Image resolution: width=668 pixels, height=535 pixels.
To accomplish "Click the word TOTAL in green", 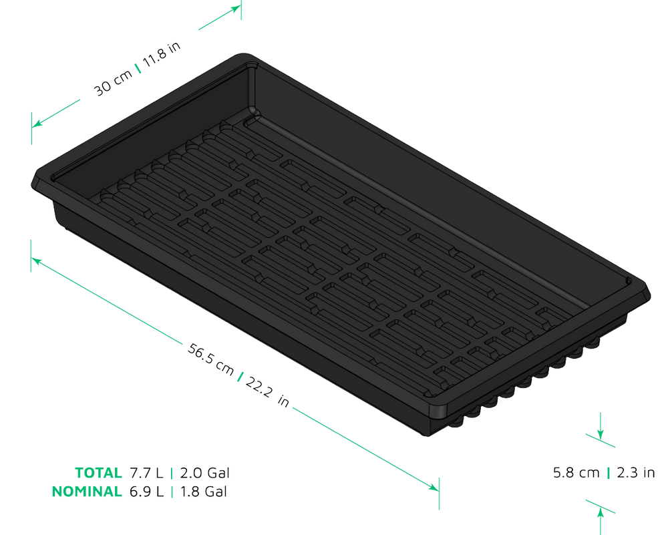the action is [x=98, y=473].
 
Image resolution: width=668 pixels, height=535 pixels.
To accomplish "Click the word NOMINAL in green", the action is [x=87, y=492].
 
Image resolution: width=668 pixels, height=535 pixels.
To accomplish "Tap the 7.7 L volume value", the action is [x=146, y=473].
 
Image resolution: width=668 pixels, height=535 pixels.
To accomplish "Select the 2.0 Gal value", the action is [x=205, y=473].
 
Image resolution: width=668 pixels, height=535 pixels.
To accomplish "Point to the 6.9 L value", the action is [x=146, y=492].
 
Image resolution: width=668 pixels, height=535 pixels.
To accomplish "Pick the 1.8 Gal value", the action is [x=204, y=492].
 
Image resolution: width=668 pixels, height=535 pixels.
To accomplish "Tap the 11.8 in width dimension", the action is [x=162, y=55].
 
